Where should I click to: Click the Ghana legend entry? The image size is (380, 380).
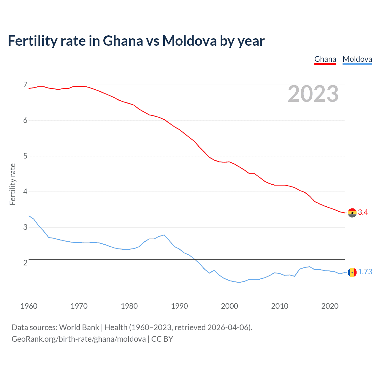(x=325, y=59)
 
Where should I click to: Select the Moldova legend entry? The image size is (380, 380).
(x=357, y=59)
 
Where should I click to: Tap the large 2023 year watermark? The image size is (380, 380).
(x=313, y=94)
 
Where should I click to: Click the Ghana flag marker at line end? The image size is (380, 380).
(x=352, y=213)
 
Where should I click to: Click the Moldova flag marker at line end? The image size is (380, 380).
(x=352, y=272)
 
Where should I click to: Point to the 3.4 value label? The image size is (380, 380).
(x=363, y=212)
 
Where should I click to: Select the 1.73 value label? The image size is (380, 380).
(x=365, y=272)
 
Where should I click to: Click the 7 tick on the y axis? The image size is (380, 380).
(x=25, y=85)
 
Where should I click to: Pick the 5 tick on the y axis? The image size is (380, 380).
(x=25, y=156)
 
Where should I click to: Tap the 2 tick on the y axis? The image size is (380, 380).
(x=25, y=263)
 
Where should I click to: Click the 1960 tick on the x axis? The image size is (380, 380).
(x=29, y=306)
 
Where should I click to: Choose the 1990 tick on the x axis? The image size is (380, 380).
(x=179, y=306)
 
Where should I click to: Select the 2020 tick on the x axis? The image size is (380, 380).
(x=330, y=306)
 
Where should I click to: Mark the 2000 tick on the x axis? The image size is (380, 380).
(x=229, y=306)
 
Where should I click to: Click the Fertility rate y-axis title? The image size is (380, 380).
(x=12, y=184)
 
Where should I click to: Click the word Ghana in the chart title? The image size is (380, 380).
(x=123, y=41)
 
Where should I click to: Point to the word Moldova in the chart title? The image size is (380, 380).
(x=189, y=41)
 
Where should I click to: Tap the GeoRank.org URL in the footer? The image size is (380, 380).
(x=79, y=339)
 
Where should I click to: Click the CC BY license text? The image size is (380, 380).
(x=162, y=339)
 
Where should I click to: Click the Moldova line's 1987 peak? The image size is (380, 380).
(x=164, y=235)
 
